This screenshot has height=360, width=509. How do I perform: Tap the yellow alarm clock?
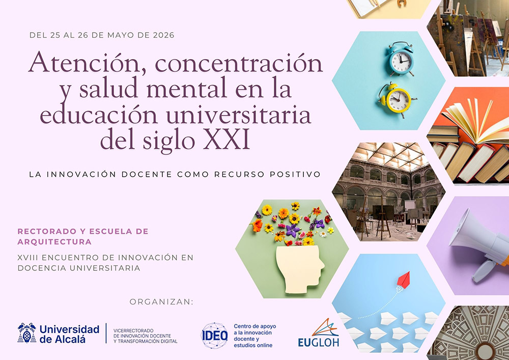coord(397,98)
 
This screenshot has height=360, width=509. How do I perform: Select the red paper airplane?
coord(403,279)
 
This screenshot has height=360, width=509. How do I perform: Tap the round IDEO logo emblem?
coord(214,336)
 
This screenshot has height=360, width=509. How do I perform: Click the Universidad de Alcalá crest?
coord(27,333)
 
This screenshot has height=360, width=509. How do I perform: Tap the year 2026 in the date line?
coord(162,35)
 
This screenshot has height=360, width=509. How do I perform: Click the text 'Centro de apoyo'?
coord(254,326)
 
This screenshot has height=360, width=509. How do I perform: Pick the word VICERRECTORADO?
coord(133,330)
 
